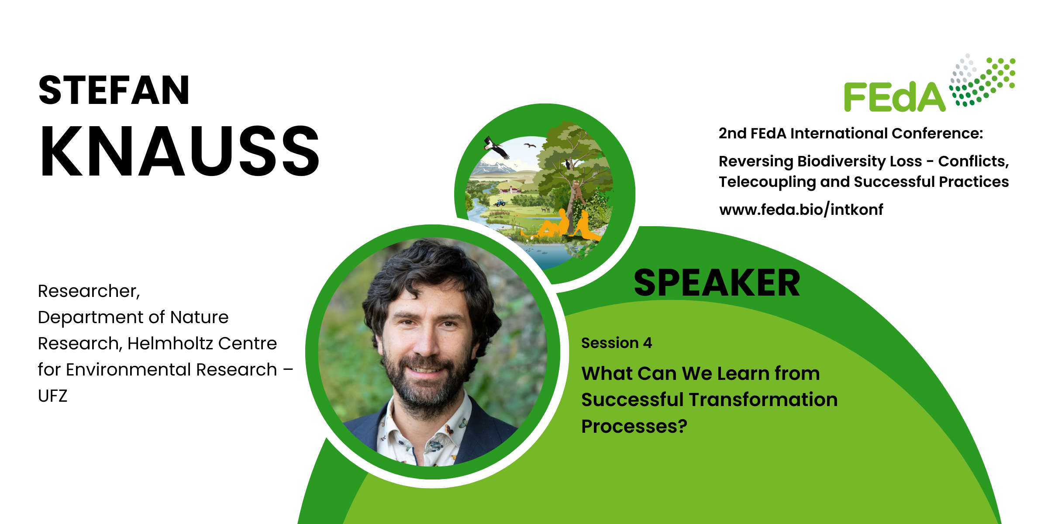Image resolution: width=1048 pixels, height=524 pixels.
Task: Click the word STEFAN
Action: tap(114, 90)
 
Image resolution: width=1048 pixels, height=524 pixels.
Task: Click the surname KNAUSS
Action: tap(180, 151)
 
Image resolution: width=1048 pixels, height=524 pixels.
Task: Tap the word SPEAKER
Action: tap(717, 283)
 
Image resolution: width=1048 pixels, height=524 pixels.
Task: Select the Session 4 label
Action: tap(617, 343)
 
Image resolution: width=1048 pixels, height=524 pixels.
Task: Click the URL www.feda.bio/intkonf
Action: tap(801, 210)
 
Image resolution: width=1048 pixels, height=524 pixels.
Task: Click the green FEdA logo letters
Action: tap(894, 97)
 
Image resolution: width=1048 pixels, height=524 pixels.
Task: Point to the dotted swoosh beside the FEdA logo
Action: tap(982, 79)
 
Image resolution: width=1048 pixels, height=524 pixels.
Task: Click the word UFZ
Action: tap(52, 396)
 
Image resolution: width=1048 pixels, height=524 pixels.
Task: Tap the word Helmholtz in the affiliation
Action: tap(170, 343)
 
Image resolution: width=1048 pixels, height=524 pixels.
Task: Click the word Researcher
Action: tap(89, 291)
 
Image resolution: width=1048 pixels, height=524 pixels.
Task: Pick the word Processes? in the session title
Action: tap(634, 426)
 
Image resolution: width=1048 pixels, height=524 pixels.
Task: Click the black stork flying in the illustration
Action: tap(497, 147)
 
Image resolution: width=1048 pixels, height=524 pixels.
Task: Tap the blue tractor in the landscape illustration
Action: tap(500, 203)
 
